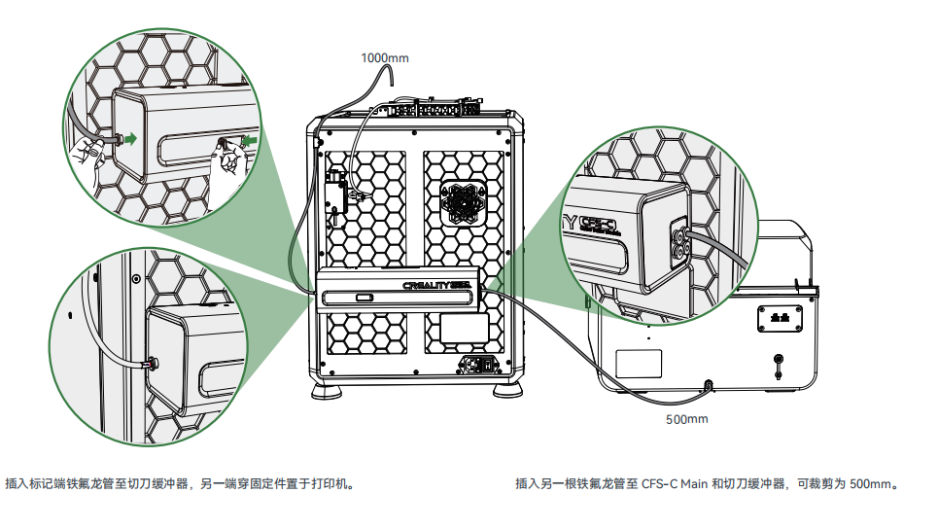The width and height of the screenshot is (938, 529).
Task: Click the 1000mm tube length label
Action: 385,57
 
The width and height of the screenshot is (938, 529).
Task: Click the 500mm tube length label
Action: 687,419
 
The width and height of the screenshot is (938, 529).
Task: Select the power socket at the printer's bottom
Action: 478,366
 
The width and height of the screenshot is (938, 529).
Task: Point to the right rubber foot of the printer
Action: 506,392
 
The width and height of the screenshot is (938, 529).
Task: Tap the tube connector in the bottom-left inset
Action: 150,366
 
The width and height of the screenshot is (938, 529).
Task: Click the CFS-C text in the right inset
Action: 597,223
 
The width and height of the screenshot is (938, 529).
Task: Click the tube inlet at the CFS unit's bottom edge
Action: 707,385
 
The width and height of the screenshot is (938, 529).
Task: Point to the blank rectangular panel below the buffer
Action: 465,328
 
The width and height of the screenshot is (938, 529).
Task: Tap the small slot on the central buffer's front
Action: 365,298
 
